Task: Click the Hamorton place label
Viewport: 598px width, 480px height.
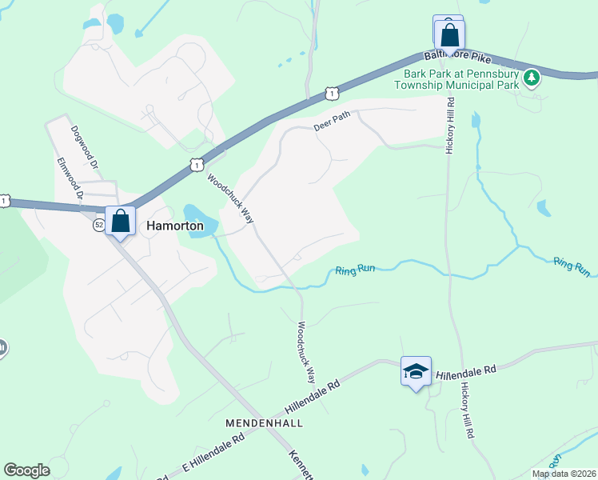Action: tap(174, 226)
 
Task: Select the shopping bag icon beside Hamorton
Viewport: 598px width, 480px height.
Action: tap(120, 222)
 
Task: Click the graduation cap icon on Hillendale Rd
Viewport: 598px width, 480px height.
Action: tap(416, 370)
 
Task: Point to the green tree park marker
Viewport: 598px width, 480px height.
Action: tap(531, 78)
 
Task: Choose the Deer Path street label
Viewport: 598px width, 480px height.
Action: tap(332, 121)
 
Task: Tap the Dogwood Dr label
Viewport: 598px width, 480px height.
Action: tap(83, 146)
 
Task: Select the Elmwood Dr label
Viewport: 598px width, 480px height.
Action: tap(70, 176)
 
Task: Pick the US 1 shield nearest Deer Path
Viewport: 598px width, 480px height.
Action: tap(331, 94)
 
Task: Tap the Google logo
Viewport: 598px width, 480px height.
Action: tap(26, 470)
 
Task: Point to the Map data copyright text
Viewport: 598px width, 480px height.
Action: tap(564, 474)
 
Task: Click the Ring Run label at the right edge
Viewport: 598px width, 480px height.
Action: tap(572, 266)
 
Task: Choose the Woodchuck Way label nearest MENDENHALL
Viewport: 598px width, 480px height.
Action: tap(306, 353)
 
